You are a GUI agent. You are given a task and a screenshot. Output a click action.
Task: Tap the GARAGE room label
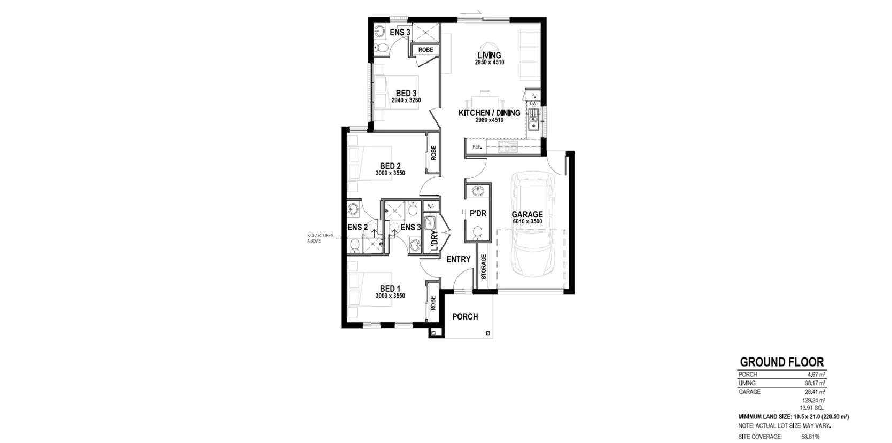(528, 214)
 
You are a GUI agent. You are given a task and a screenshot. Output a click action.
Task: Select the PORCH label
(465, 316)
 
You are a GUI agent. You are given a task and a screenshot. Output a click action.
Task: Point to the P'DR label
(478, 213)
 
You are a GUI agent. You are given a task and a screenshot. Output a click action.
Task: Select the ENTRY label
(459, 259)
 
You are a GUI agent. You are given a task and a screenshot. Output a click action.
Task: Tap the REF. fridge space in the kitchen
(477, 147)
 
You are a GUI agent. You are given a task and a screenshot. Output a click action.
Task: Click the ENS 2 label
(357, 227)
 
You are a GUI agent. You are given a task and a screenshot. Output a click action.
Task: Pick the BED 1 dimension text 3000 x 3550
(390, 296)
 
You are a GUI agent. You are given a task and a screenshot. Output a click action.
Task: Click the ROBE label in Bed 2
(433, 153)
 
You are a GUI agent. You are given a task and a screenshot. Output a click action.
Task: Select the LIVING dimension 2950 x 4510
(489, 63)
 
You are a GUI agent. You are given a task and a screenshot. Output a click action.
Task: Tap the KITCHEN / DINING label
(489, 113)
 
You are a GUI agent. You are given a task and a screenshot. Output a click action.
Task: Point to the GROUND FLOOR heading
(781, 362)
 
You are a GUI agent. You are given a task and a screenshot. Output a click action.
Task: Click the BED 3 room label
(406, 94)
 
